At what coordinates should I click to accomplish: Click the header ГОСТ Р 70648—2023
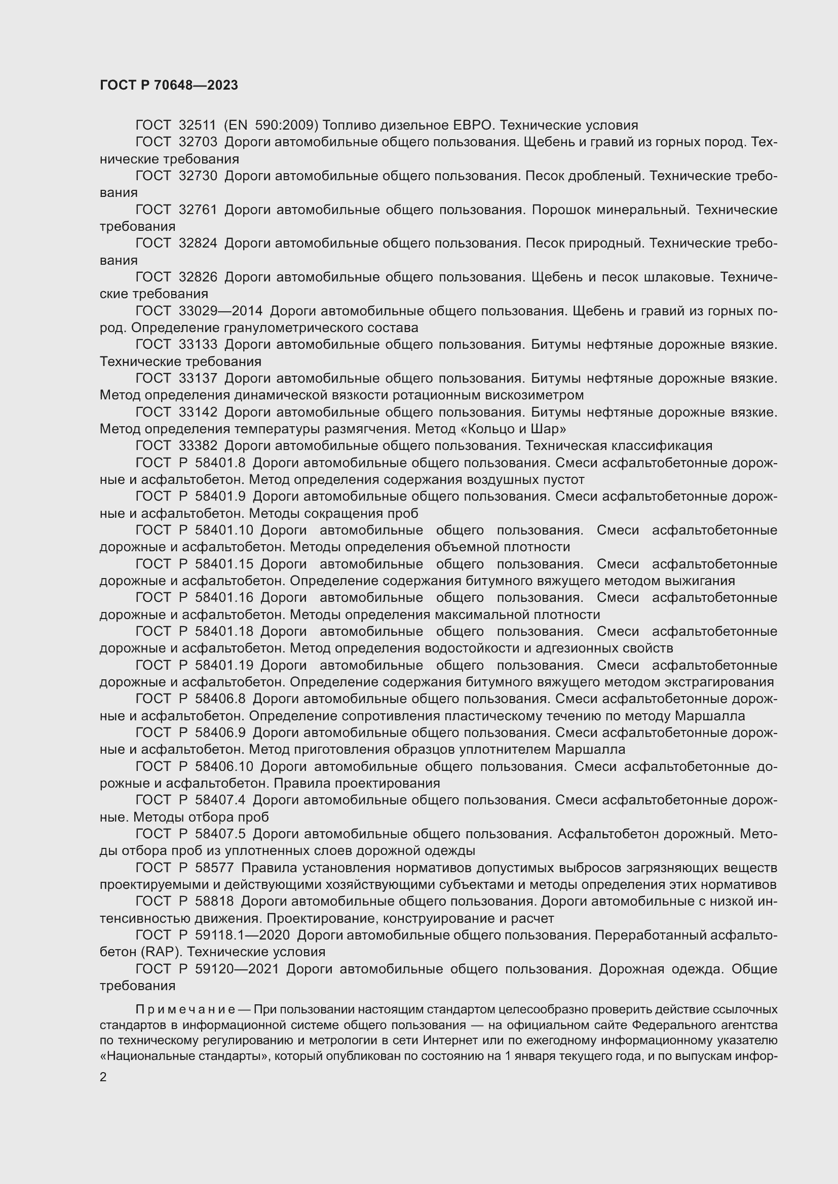coord(169,85)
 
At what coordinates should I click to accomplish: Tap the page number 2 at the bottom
coord(103,1077)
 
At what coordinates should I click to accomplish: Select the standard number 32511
coord(198,126)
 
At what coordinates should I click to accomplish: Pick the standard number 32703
coord(198,142)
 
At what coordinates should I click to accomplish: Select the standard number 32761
coord(198,210)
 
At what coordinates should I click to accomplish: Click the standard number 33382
coord(198,446)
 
